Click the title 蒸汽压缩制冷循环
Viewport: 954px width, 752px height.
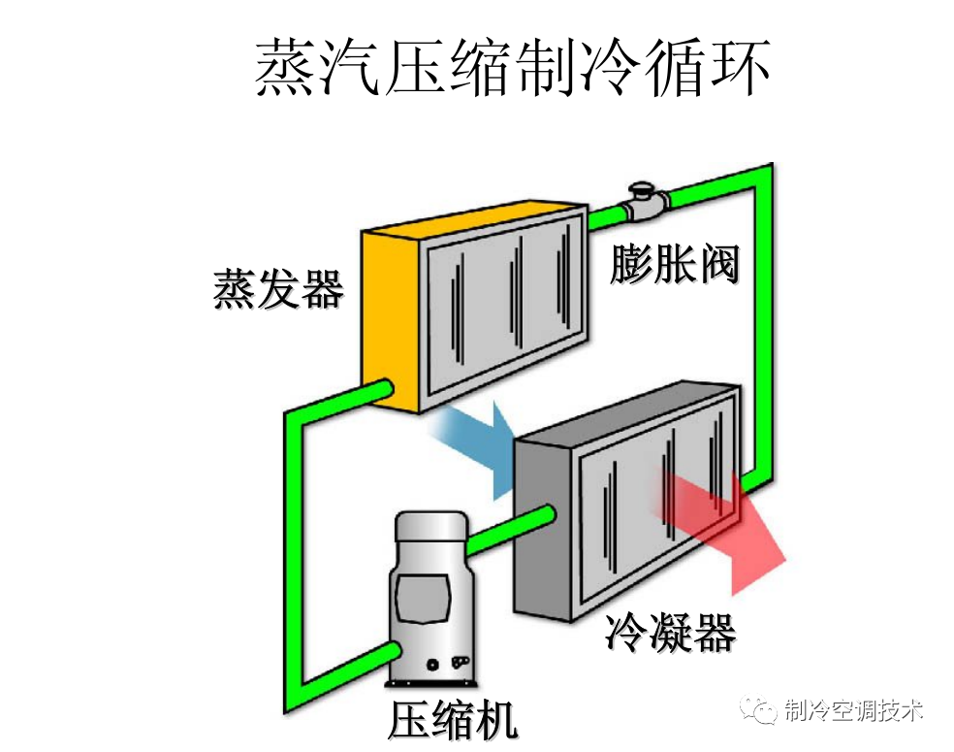click(513, 67)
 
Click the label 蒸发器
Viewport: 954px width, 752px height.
click(278, 288)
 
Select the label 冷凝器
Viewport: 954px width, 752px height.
click(670, 633)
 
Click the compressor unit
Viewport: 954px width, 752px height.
click(427, 602)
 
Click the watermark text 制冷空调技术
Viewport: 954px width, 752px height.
click(852, 710)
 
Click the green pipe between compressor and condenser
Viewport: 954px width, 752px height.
click(504, 533)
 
